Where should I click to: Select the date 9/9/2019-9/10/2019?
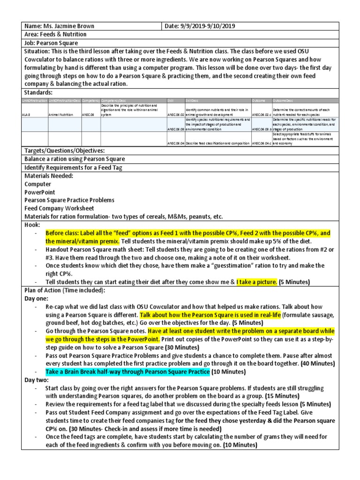click(x=206, y=27)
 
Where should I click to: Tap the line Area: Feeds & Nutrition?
click(x=55, y=35)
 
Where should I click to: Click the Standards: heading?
click(x=39, y=92)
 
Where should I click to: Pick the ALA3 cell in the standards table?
click(x=26, y=113)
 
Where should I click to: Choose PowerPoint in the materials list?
click(x=40, y=192)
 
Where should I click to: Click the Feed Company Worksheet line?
click(x=60, y=208)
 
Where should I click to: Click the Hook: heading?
click(x=33, y=225)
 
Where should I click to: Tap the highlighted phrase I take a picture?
click(x=256, y=282)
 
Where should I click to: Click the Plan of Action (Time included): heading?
click(x=64, y=290)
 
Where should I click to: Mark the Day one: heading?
click(x=37, y=298)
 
